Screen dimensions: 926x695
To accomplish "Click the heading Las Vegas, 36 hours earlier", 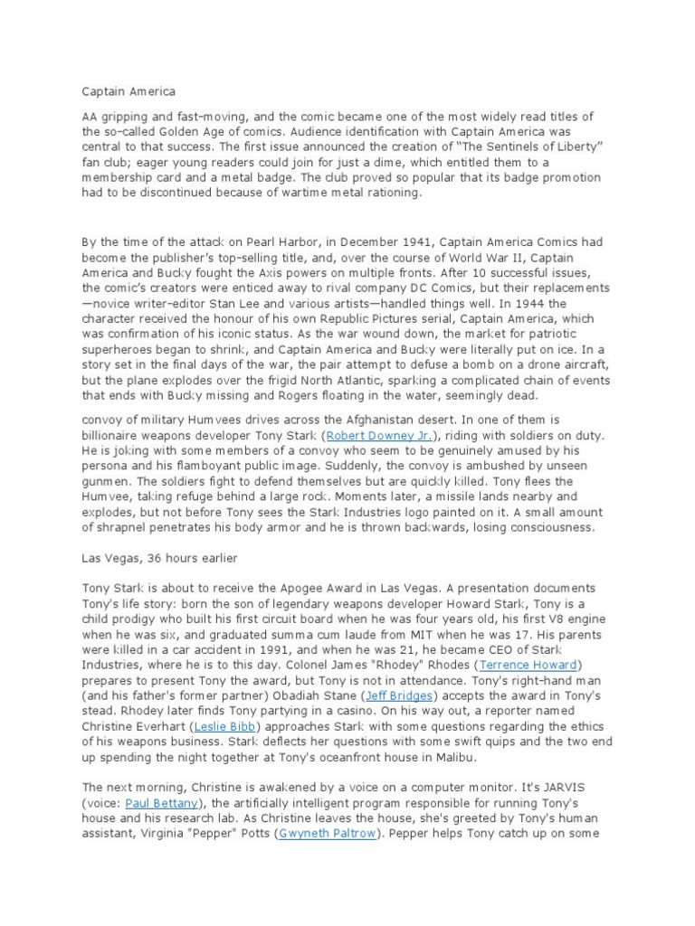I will click(160, 558).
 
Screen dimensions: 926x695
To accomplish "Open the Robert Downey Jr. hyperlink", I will click(381, 435).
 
